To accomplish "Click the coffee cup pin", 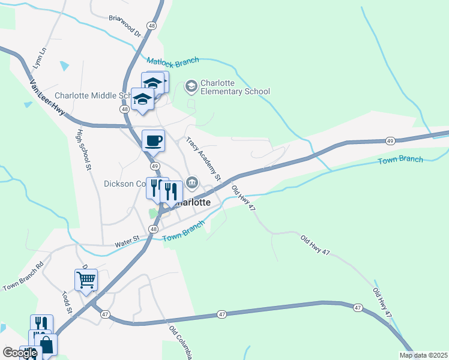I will click(x=153, y=140).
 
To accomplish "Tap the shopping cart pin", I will click(x=86, y=280).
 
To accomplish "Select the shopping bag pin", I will click(x=46, y=344).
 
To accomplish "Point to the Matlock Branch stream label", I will click(x=172, y=61).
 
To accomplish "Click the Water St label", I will click(x=127, y=242).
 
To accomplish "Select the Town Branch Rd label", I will click(x=23, y=277).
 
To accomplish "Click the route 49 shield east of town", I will click(x=390, y=141).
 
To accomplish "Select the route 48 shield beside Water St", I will click(x=154, y=229).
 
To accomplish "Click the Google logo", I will click(x=20, y=352).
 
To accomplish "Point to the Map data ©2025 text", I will click(x=423, y=355).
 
